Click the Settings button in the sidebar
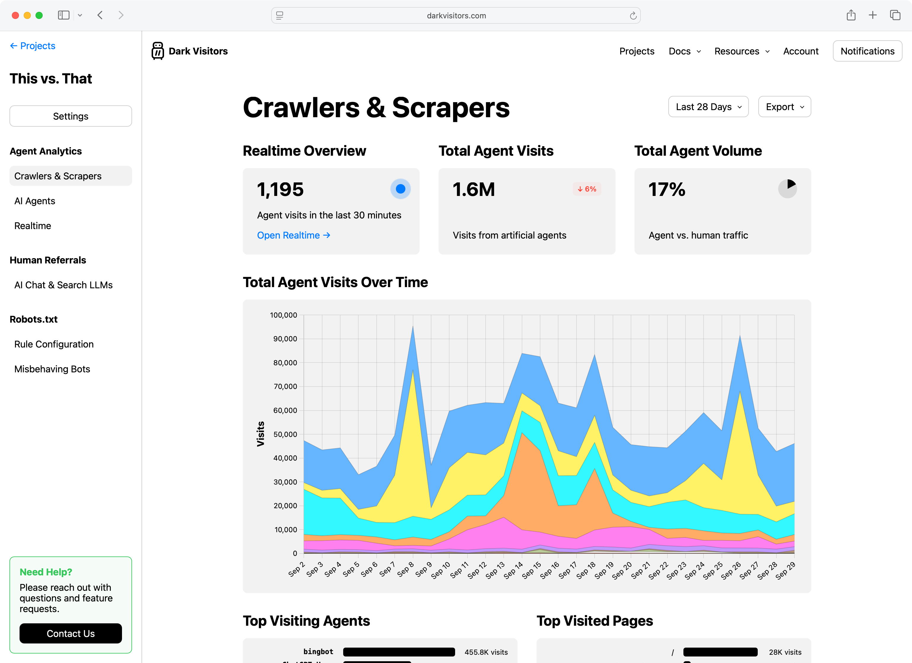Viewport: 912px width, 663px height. tap(70, 116)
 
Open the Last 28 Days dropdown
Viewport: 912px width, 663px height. tap(708, 107)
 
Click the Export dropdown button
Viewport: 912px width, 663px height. tap(784, 107)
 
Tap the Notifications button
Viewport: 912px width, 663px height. tap(867, 51)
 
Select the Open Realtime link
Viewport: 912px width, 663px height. tap(293, 235)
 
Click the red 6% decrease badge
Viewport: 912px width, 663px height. tap(587, 189)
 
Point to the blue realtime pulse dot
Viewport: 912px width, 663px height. tap(400, 189)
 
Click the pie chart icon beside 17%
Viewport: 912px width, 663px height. tap(787, 189)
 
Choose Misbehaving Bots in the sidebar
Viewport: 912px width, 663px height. tap(52, 369)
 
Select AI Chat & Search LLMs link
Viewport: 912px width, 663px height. tap(64, 285)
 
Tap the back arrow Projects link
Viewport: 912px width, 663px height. tap(33, 46)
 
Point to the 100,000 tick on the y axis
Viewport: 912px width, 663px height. tap(283, 315)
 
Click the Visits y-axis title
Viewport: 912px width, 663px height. tap(261, 434)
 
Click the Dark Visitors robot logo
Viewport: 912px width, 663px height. tap(158, 51)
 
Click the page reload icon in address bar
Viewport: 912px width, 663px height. tap(633, 16)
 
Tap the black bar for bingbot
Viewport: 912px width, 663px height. tap(399, 652)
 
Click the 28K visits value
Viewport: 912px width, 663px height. tap(785, 652)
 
